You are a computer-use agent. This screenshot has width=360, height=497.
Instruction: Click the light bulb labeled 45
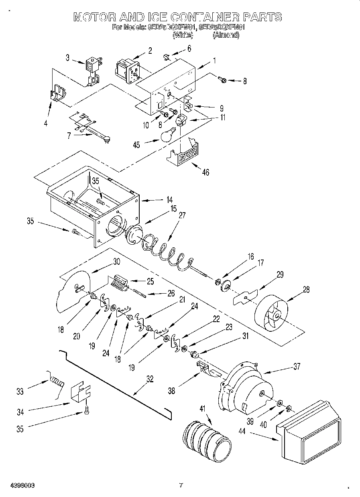(167, 136)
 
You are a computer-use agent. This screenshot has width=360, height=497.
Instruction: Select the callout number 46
(205, 172)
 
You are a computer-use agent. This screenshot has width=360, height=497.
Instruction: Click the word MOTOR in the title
(95, 17)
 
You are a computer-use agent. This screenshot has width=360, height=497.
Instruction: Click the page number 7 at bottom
(181, 485)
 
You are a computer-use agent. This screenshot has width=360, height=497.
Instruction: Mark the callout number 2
(150, 51)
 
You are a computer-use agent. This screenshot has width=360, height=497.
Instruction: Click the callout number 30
(116, 261)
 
